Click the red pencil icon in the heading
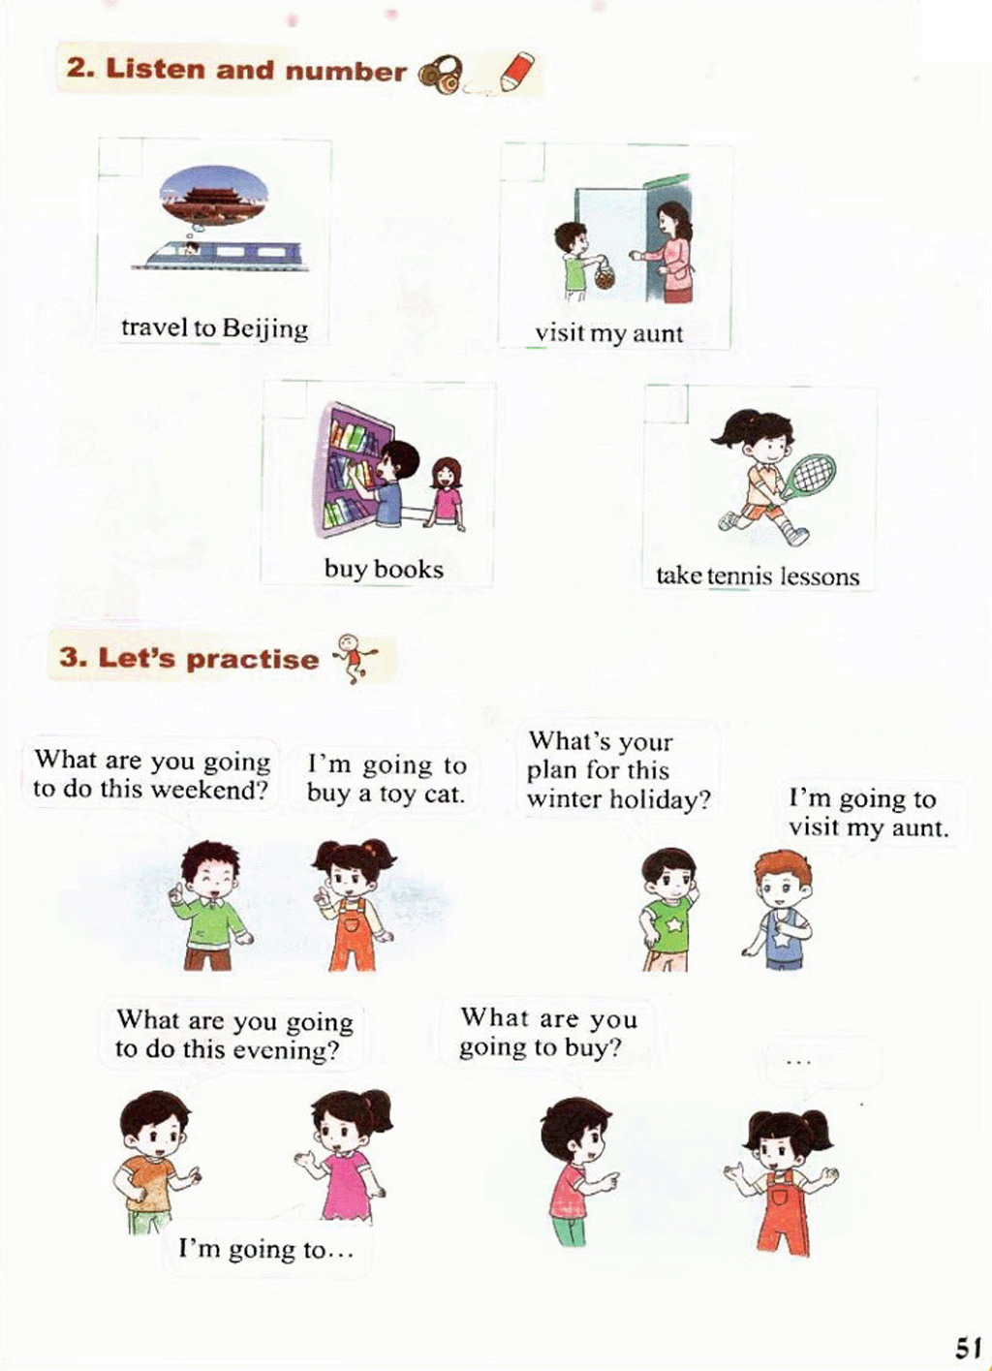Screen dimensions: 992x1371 tap(516, 73)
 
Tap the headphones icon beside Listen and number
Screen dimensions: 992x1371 tap(441, 76)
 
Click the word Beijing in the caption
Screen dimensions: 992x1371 tap(265, 329)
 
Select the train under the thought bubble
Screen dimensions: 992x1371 tap(219, 256)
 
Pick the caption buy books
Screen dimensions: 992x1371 tap(384, 570)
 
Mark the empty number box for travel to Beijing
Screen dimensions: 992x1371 tap(120, 158)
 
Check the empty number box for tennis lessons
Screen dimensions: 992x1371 tap(666, 405)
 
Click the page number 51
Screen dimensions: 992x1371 tap(966, 1348)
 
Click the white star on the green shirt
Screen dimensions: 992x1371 tap(674, 925)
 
